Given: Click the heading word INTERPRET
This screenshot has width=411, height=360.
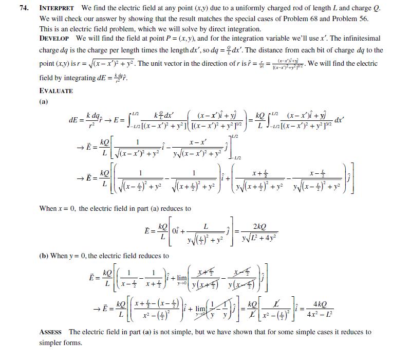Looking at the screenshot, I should (x=57, y=9).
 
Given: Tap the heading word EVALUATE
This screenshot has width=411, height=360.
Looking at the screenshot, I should (x=56, y=91).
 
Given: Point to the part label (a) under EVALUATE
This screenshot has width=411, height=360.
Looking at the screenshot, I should (x=44, y=101).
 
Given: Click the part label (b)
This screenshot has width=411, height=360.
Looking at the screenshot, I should (x=44, y=255).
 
